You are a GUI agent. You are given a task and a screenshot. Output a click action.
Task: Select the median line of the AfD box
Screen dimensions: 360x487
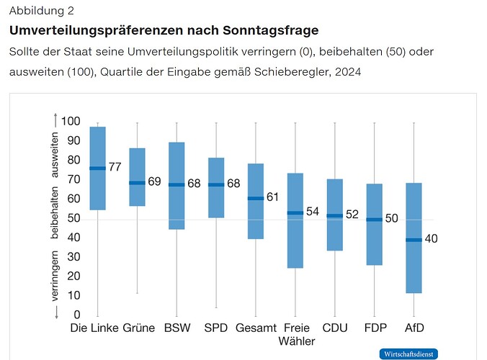pyautogui.click(x=414, y=240)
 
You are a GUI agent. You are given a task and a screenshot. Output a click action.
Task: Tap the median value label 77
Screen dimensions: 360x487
pyautogui.click(x=115, y=168)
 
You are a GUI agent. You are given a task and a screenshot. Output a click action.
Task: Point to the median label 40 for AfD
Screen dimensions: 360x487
pyautogui.click(x=432, y=239)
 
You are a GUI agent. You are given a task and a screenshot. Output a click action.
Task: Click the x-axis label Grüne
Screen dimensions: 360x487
pyautogui.click(x=139, y=328)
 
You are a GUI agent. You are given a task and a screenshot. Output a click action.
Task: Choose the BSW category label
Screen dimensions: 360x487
pyautogui.click(x=177, y=328)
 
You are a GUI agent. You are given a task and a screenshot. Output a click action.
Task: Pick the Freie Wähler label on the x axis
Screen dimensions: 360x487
pyautogui.click(x=296, y=334)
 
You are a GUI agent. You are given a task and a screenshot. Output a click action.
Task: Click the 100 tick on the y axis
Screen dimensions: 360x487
pyautogui.click(x=71, y=121)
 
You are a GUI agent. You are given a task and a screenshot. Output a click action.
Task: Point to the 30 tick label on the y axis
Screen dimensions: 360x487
pyautogui.click(x=73, y=257)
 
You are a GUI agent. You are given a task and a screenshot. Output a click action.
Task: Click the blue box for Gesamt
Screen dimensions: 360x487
pyautogui.click(x=256, y=201)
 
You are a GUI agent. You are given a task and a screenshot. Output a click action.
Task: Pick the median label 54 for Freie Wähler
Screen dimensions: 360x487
pyautogui.click(x=313, y=212)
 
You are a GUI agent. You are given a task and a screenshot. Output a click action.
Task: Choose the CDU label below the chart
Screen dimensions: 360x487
pyautogui.click(x=335, y=328)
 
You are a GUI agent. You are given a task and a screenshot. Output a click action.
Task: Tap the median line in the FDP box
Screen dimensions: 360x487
pyautogui.click(x=375, y=219)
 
